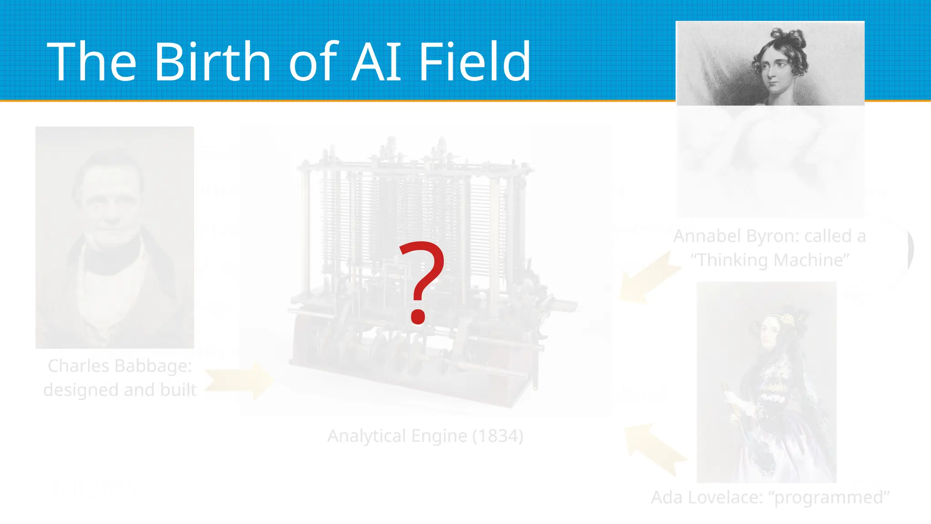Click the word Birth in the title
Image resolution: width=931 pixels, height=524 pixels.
(x=213, y=61)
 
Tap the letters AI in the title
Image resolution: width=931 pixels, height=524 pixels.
(x=376, y=61)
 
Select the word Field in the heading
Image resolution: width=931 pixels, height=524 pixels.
(x=474, y=61)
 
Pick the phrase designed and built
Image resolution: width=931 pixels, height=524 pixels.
(x=120, y=390)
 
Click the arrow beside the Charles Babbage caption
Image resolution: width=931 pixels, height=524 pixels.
(x=239, y=380)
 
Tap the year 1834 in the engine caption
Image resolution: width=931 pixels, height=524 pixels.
(x=498, y=436)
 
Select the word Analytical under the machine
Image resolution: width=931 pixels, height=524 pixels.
(x=366, y=436)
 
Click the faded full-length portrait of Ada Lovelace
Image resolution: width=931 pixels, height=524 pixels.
(x=766, y=382)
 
